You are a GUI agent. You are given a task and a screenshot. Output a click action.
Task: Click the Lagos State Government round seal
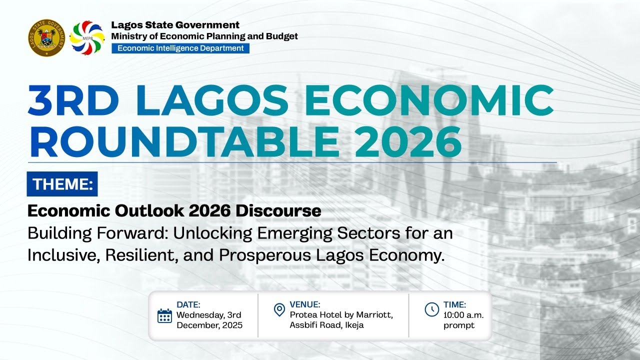[x=46, y=37]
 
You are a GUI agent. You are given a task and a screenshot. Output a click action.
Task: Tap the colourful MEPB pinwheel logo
[x=87, y=37]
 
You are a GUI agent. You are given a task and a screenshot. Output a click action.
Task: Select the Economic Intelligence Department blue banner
[x=180, y=48]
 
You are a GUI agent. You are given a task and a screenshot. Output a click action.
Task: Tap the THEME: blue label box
[x=62, y=184]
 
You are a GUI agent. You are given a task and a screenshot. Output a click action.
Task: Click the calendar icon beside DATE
[x=164, y=316]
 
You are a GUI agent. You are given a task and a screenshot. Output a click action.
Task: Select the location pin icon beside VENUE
[x=279, y=310]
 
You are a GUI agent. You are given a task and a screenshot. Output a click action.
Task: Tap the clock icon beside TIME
[x=431, y=309]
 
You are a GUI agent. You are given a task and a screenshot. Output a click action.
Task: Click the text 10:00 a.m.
[x=463, y=315]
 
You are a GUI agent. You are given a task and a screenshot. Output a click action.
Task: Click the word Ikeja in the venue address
[x=353, y=325]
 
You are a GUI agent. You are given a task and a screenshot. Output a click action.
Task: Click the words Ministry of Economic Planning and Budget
[x=204, y=36]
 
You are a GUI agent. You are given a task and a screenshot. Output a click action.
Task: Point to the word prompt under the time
[x=459, y=325]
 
